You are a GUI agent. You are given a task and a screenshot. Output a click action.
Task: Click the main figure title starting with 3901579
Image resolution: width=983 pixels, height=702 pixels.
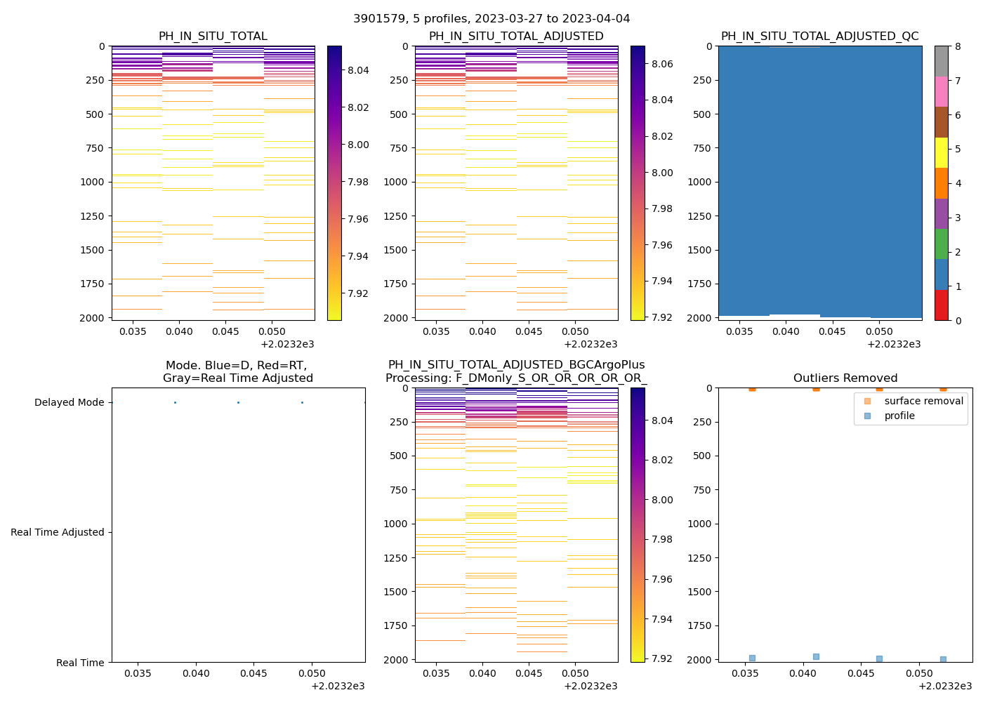491,19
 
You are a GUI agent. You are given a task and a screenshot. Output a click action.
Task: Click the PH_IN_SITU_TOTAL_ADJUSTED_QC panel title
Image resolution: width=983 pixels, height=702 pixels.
819,37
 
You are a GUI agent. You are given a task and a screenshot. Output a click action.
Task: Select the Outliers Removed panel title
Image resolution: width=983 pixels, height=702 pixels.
845,378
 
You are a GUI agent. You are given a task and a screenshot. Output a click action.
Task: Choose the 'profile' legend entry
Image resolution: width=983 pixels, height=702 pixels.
899,416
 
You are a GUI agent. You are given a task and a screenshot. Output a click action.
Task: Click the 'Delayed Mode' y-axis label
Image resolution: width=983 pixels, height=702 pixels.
69,403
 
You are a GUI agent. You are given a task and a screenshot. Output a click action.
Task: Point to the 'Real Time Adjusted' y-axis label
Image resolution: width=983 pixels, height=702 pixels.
58,533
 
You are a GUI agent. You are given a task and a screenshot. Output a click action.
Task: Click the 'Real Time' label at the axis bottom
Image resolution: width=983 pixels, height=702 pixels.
80,663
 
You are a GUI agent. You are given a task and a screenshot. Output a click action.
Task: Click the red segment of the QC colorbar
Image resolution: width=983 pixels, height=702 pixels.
941,305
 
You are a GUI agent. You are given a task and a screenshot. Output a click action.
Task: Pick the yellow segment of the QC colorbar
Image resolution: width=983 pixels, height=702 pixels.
941,153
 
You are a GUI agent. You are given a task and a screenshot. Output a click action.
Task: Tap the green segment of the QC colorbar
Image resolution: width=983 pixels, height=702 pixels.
941,244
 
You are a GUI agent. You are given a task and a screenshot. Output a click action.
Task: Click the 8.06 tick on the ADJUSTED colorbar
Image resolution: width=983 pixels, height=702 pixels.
663,64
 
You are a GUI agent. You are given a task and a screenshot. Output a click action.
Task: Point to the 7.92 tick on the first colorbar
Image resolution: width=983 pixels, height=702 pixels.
359,293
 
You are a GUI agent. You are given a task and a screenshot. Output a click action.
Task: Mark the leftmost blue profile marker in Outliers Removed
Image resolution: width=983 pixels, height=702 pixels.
752,658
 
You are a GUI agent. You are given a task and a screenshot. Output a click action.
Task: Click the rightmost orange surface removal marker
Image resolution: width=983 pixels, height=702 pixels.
943,388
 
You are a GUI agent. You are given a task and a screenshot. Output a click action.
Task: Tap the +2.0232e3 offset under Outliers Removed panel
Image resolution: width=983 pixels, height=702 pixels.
943,686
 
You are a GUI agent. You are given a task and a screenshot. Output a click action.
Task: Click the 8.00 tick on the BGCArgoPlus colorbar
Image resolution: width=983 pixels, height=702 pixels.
663,500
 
